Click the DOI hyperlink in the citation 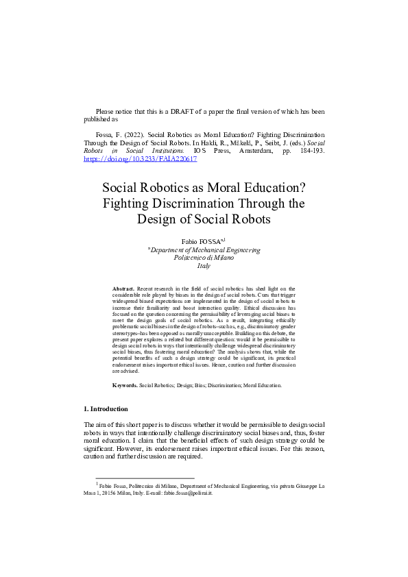point(140,158)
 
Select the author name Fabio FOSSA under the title point(202,242)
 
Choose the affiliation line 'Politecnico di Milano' point(204,258)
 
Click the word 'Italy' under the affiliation point(204,266)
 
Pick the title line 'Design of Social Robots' point(204,219)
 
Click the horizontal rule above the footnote point(145,478)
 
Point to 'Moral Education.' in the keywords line point(260,386)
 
